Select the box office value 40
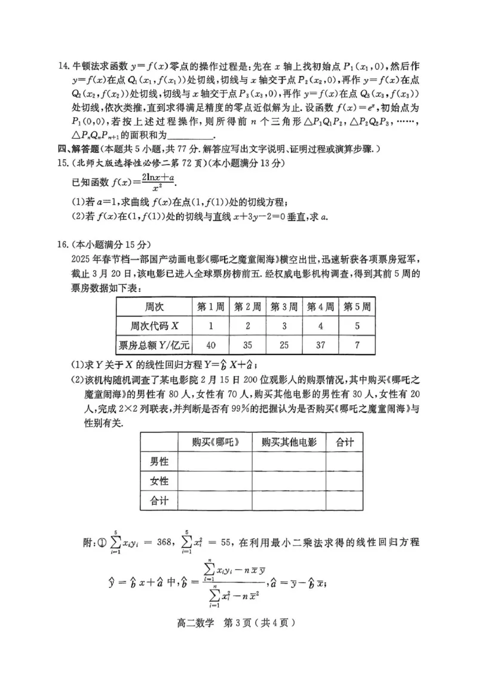(210, 345)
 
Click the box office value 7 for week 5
(357, 345)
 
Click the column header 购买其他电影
(289, 442)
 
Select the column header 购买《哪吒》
(215, 442)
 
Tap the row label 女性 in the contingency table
(158, 481)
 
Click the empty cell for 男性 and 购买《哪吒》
(215, 461)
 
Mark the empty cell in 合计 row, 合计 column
(345, 501)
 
